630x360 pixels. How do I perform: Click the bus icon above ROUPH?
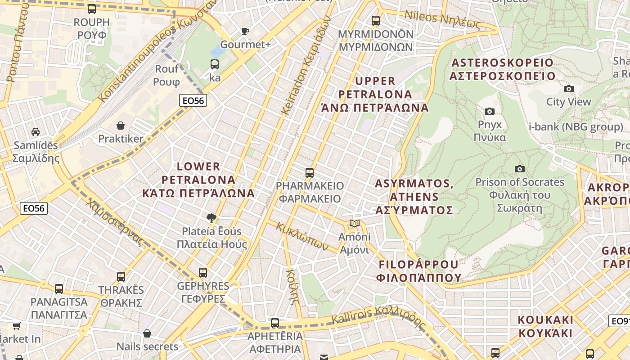[92, 9]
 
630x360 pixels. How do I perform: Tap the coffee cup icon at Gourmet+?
[245, 31]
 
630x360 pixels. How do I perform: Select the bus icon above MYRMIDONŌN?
[375, 20]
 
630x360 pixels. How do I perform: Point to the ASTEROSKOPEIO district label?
[502, 69]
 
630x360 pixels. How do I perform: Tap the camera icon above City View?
[569, 89]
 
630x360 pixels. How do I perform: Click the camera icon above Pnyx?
[490, 111]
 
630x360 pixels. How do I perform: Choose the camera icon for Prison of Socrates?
[520, 169]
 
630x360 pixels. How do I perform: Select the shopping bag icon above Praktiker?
[121, 125]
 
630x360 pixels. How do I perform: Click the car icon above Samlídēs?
[36, 132]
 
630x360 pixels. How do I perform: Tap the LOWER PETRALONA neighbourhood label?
[198, 180]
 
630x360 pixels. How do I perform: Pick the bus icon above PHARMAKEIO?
[309, 172]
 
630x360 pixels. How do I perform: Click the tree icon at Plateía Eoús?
[211, 218]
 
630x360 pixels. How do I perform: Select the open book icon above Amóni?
[355, 224]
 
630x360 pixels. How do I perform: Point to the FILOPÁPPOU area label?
[420, 270]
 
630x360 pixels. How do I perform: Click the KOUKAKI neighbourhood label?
[545, 327]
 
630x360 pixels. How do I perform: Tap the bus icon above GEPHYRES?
[203, 272]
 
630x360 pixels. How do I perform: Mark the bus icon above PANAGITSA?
[59, 288]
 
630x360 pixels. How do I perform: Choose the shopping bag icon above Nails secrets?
[147, 333]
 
